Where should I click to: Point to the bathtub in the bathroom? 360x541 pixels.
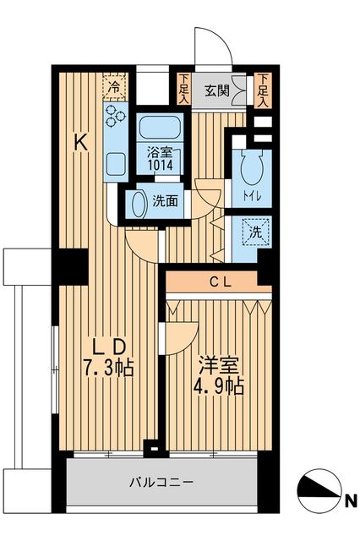click(160, 128)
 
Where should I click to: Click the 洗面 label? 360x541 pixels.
click(164, 201)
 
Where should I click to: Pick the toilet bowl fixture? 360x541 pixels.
click(249, 169)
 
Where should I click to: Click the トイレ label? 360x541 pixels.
click(251, 197)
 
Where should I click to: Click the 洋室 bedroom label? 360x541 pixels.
click(219, 366)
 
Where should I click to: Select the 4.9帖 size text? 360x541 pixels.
click(219, 388)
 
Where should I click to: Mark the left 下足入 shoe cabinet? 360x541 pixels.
click(184, 88)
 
